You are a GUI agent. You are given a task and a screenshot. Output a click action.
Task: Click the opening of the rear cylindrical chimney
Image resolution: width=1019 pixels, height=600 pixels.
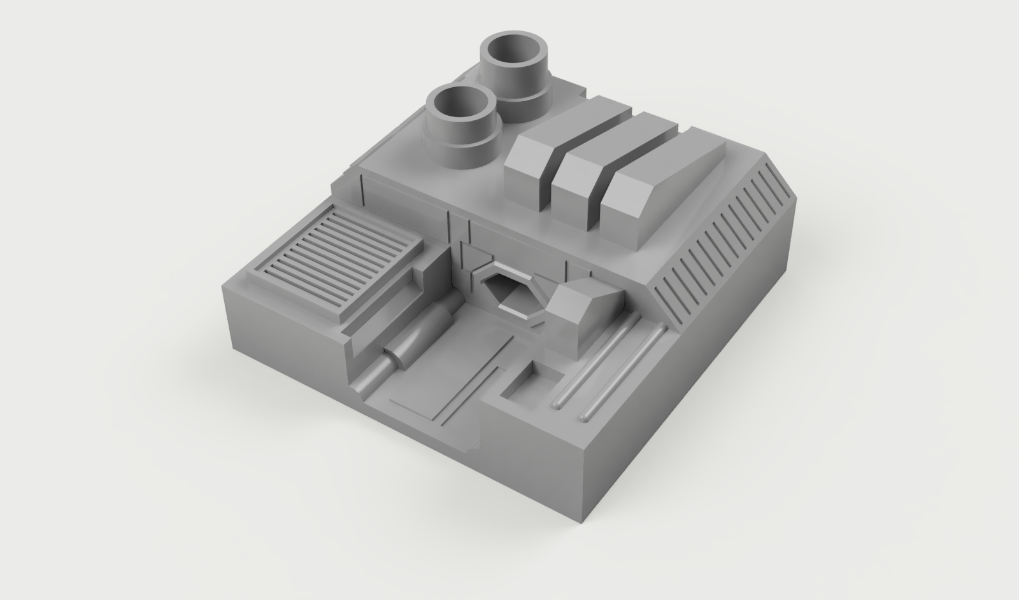[516, 53]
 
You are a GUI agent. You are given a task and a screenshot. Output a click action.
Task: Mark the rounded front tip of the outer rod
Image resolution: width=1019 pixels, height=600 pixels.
[584, 417]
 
